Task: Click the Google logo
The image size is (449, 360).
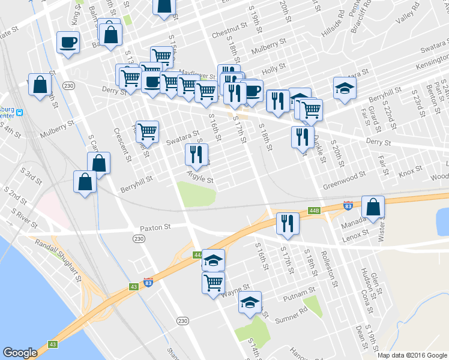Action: pyautogui.click(x=20, y=353)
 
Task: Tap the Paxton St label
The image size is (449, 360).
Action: pyautogui.click(x=156, y=228)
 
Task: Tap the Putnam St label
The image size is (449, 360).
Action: pyautogui.click(x=299, y=292)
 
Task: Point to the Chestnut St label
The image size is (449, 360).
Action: pyautogui.click(x=229, y=27)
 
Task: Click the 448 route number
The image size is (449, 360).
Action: pyautogui.click(x=314, y=211)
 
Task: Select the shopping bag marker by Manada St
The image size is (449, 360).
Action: pyautogui.click(x=373, y=207)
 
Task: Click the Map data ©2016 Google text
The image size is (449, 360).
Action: pyautogui.click(x=412, y=355)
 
